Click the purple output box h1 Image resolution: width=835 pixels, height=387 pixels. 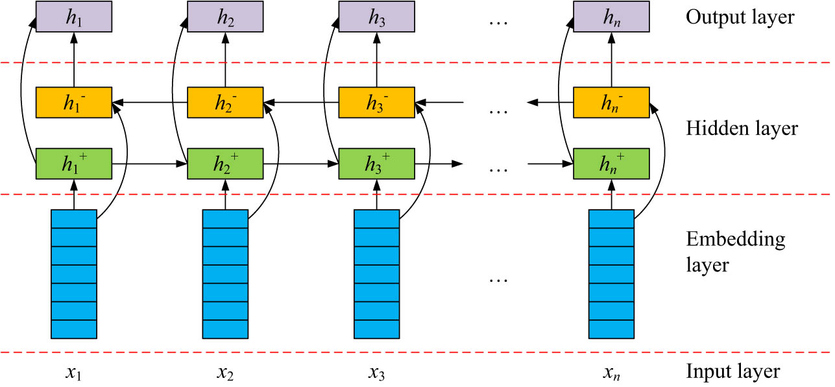tap(74, 16)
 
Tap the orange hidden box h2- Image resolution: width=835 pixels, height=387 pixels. tap(225, 102)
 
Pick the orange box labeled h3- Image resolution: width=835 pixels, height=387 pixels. tap(377, 102)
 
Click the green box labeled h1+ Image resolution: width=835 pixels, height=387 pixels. tap(74, 164)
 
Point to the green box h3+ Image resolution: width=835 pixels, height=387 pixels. tap(377, 164)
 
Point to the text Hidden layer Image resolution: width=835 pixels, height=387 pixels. tap(742, 129)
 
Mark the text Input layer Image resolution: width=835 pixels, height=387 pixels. tap(732, 372)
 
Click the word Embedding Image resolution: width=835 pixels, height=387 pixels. tap(735, 240)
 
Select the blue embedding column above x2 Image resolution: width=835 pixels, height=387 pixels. tap(225, 273)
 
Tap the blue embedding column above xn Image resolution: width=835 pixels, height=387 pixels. tap(611, 273)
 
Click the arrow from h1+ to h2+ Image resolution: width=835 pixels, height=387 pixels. tap(150, 164)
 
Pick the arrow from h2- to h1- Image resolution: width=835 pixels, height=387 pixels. tap(150, 102)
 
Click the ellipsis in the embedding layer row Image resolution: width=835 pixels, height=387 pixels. tap(498, 280)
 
